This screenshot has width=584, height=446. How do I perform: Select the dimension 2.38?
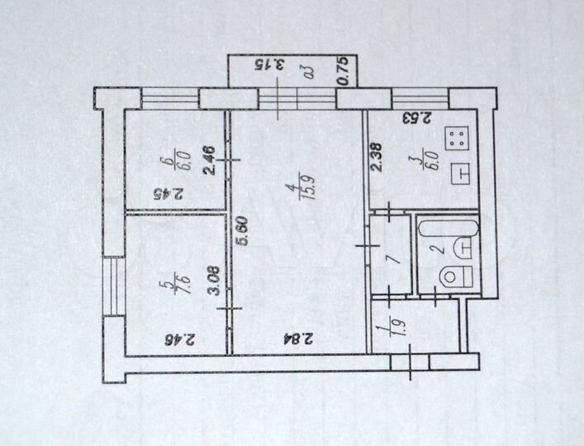377,157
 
